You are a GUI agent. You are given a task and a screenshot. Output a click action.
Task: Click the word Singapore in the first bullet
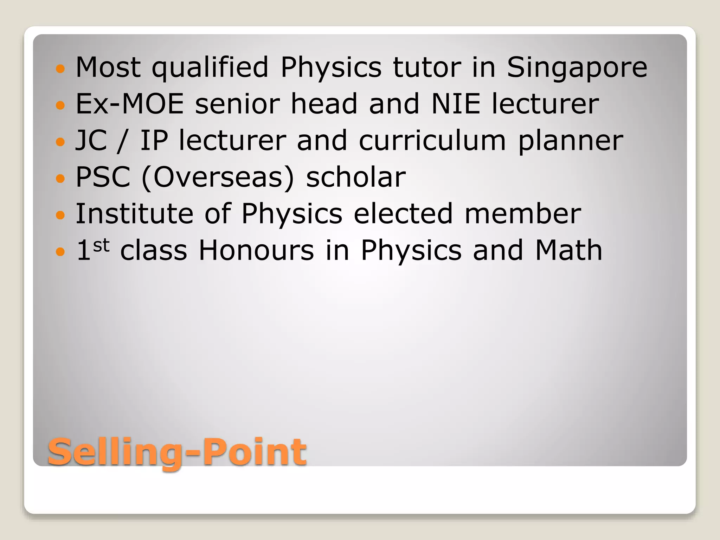point(577,67)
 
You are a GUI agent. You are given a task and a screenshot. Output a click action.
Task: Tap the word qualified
point(210,67)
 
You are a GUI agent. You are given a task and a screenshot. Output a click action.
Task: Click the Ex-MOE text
point(130,104)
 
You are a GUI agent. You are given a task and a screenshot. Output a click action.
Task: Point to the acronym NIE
point(456,104)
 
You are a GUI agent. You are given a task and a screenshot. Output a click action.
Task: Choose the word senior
point(237,104)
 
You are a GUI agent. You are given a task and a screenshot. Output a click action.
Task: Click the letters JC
point(91,141)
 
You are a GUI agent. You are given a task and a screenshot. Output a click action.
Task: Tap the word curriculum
point(432,141)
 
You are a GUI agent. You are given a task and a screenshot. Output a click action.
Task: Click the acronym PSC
point(103,177)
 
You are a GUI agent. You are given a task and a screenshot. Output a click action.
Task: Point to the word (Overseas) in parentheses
point(217,178)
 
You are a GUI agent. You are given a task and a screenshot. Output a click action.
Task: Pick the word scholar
point(356,177)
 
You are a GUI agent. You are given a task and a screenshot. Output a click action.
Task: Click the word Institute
point(134,214)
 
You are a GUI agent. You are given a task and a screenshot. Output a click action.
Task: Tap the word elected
point(403,214)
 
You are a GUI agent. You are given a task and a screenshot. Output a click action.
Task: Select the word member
point(523,214)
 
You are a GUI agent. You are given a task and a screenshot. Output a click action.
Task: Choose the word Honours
point(256,250)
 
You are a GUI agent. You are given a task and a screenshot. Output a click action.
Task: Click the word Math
point(568,250)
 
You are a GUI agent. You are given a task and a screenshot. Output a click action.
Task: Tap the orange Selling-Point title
point(177,452)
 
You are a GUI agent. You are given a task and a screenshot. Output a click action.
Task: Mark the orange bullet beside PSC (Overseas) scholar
point(60,178)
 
